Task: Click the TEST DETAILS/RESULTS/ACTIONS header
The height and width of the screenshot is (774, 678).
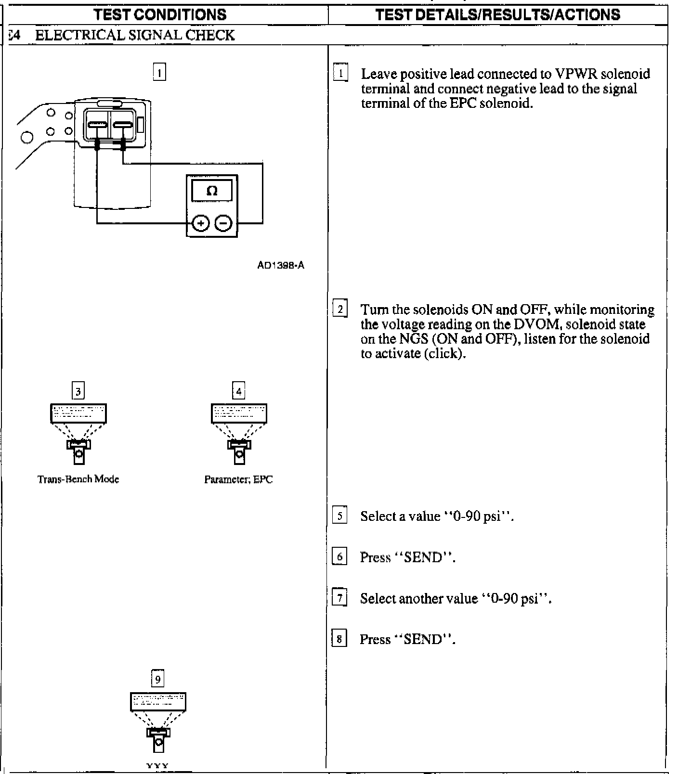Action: (x=498, y=14)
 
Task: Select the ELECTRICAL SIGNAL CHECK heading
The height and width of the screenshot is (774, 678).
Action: (x=135, y=35)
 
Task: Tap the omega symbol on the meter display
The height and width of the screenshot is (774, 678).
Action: (x=212, y=191)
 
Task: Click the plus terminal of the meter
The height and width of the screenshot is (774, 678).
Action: (x=201, y=223)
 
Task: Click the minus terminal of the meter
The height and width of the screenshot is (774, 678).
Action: (x=223, y=223)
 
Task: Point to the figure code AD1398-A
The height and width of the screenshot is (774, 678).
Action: (x=281, y=265)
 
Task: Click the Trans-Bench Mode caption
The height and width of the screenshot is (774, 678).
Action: (x=78, y=479)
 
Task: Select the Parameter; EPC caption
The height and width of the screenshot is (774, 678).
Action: (x=238, y=479)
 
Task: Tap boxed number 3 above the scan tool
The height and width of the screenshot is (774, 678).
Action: (x=78, y=390)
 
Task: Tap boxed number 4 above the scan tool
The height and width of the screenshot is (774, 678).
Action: (x=238, y=390)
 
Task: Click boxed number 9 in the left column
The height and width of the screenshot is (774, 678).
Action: (x=157, y=679)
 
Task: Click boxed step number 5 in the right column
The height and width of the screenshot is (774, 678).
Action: (x=339, y=516)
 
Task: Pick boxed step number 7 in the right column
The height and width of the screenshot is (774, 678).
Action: (x=339, y=598)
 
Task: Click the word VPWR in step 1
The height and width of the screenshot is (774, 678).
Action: (x=576, y=74)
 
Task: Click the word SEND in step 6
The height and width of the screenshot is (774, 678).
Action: (x=423, y=557)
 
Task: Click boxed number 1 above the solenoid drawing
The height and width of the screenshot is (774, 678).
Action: (x=159, y=73)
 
